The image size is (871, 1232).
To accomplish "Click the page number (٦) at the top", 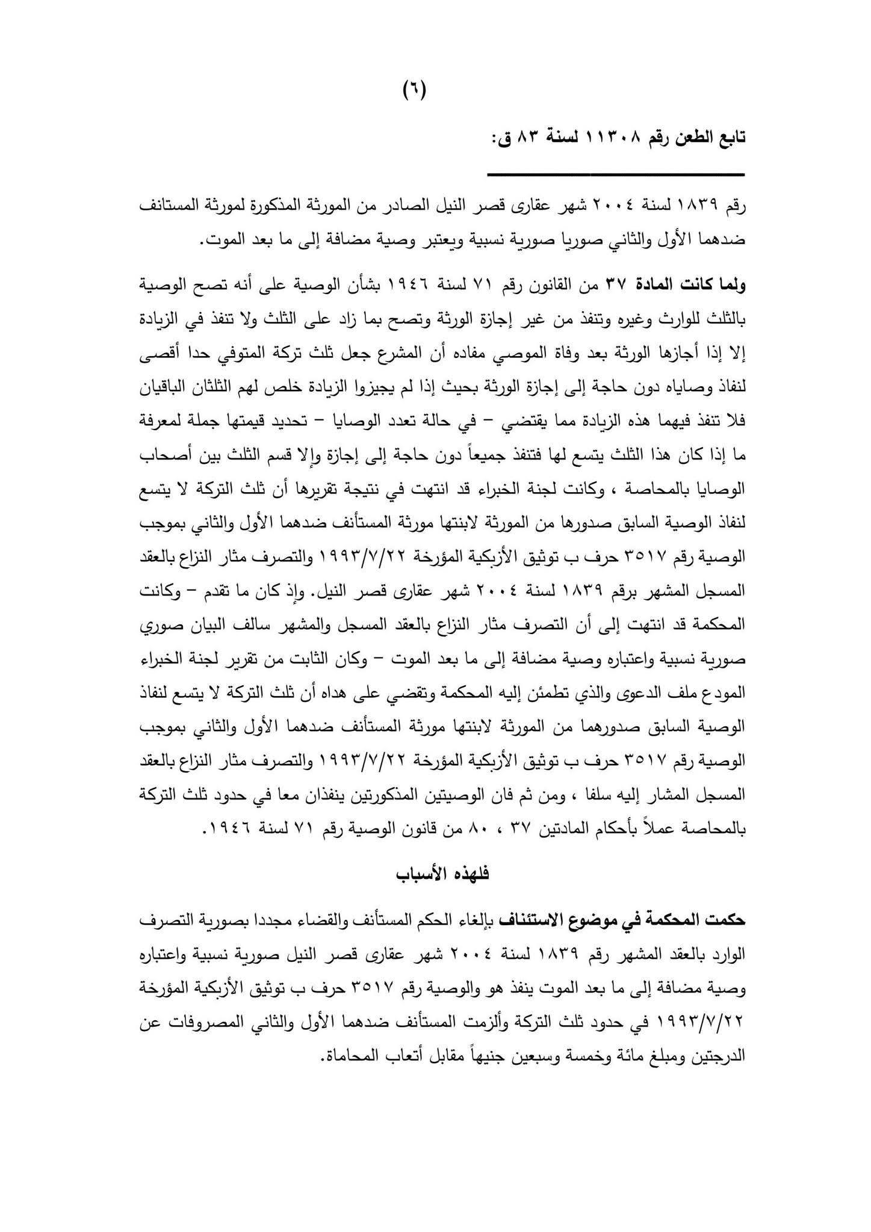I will coord(414,91).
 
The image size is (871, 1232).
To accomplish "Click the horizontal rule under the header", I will coord(615,174).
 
